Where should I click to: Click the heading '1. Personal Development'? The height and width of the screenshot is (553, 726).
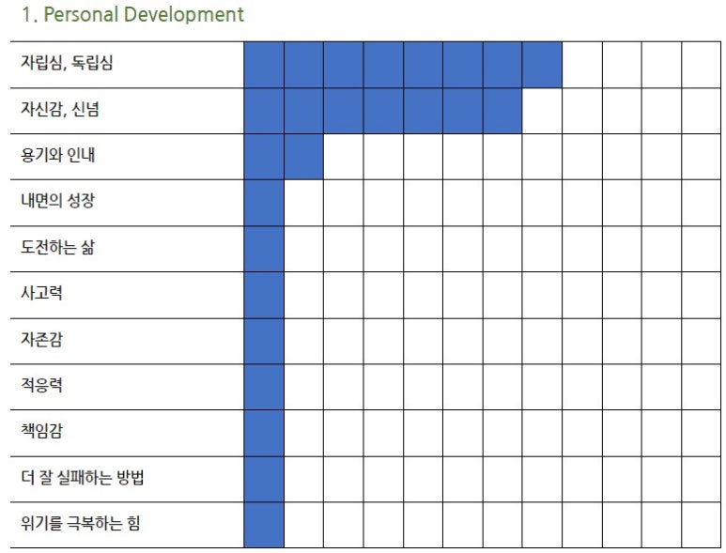(132, 14)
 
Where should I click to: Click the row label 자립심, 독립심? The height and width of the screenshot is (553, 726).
(67, 63)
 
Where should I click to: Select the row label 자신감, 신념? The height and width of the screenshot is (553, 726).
(60, 109)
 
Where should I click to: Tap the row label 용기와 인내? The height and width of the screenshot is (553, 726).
(58, 155)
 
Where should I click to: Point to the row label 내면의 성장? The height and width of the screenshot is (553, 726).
(58, 200)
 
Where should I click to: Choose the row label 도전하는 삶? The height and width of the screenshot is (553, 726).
(57, 247)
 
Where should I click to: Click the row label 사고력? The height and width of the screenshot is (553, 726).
(41, 293)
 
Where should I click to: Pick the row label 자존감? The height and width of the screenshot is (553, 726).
(41, 339)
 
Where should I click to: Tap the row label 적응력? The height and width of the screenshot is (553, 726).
(41, 385)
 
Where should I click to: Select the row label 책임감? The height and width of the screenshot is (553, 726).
(41, 431)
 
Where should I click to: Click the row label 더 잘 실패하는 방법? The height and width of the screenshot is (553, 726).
(83, 477)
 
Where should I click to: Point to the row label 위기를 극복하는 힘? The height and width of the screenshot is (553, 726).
(80, 523)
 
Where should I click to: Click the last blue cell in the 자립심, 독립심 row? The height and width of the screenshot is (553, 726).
(542, 65)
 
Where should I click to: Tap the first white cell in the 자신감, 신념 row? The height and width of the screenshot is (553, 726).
(542, 111)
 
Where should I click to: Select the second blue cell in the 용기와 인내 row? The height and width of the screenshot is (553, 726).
(303, 157)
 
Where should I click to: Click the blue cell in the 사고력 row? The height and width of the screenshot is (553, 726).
(264, 295)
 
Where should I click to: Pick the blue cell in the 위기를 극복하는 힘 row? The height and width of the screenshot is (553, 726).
(264, 525)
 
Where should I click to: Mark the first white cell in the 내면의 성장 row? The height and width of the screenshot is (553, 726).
(303, 203)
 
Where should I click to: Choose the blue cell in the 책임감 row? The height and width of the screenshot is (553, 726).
(264, 433)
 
